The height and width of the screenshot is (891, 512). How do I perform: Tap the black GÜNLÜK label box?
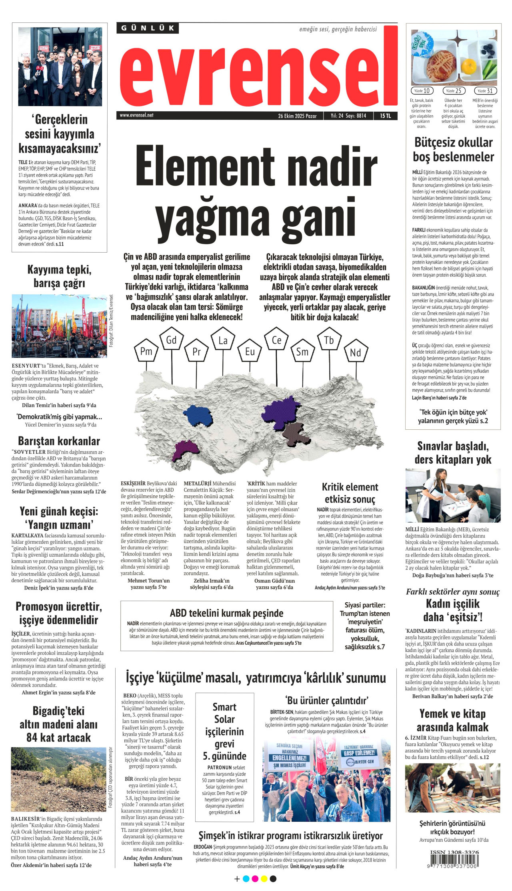tap(148, 28)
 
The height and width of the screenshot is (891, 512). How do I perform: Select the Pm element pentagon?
tap(146, 351)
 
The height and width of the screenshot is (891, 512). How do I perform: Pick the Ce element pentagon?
tap(276, 340)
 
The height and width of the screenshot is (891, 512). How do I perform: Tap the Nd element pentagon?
tap(355, 352)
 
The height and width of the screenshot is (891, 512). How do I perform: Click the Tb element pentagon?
tap(329, 340)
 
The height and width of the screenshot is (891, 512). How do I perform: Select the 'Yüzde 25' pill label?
tap(454, 91)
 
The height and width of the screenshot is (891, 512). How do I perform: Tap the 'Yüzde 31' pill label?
tap(485, 91)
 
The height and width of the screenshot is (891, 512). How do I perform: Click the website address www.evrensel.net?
tap(136, 115)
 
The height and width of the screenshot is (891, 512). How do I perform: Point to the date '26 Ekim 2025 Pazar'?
tap(297, 116)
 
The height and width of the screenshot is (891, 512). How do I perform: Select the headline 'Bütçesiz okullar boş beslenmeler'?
tap(453, 149)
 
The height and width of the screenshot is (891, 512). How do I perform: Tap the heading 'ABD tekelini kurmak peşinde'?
tap(226, 613)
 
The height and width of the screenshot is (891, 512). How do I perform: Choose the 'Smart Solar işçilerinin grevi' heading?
tap(224, 731)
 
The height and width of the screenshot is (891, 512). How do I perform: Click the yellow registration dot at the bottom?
tap(264, 879)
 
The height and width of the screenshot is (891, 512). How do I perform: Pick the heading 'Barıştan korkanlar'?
tap(59, 441)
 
